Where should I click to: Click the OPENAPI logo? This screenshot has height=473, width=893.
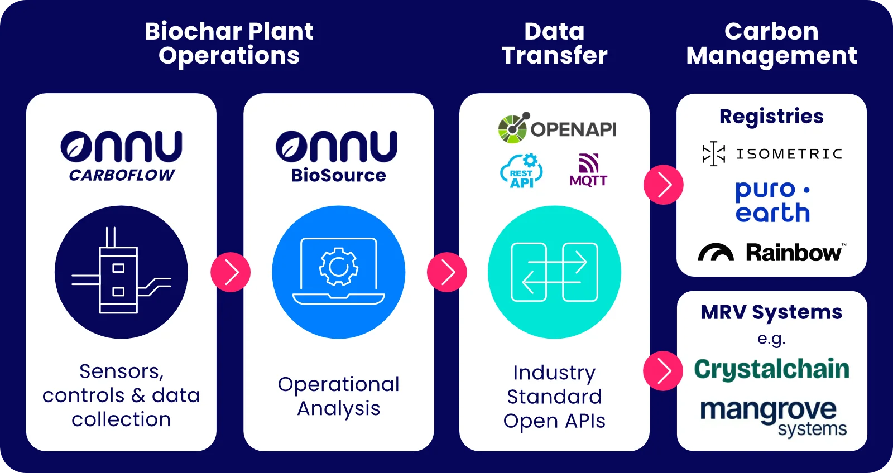pyautogui.click(x=557, y=128)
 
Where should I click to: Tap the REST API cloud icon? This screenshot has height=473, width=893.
pyautogui.click(x=521, y=171)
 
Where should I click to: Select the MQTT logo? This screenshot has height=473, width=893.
pyautogui.click(x=588, y=170)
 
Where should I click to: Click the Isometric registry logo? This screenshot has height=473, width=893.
pyautogui.click(x=772, y=154)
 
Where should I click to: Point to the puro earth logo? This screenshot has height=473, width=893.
pyautogui.click(x=772, y=202)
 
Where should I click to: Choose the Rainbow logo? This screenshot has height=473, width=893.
pyautogui.click(x=772, y=253)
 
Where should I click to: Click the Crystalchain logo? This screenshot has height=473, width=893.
pyautogui.click(x=772, y=369)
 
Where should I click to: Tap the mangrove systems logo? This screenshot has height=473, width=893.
pyautogui.click(x=773, y=417)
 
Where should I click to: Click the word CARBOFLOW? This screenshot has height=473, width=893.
pyautogui.click(x=122, y=176)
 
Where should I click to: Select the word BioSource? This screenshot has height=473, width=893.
pyautogui.click(x=339, y=176)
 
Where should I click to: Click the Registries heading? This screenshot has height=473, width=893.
pyautogui.click(x=771, y=117)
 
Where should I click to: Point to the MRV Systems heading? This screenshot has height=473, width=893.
pyautogui.click(x=771, y=312)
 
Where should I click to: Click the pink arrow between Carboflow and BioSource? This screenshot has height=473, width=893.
pyautogui.click(x=231, y=272)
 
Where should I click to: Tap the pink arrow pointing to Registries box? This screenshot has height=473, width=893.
pyautogui.click(x=664, y=185)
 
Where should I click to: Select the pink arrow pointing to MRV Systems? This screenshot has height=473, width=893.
pyautogui.click(x=663, y=371)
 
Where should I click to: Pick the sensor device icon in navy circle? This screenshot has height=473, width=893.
pyautogui.click(x=121, y=272)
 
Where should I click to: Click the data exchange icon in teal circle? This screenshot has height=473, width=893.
pyautogui.click(x=554, y=272)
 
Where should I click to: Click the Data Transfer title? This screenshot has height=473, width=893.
pyautogui.click(x=554, y=44)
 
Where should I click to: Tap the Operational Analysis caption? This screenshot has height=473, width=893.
pyautogui.click(x=339, y=396)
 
